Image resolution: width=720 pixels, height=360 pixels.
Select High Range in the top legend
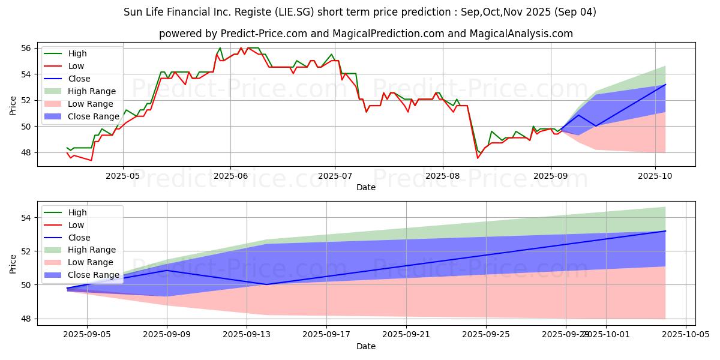click(91, 91)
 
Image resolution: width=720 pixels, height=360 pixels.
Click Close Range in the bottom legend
click(93, 275)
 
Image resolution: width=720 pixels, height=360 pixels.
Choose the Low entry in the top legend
click(76, 66)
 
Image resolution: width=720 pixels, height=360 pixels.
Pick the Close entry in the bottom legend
click(79, 238)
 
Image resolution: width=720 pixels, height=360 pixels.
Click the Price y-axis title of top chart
click(13, 105)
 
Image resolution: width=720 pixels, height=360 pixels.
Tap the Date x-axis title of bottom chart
click(366, 346)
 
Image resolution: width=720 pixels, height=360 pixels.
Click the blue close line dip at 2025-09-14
click(266, 284)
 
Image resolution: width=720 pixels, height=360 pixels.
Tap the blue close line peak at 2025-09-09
click(167, 270)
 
